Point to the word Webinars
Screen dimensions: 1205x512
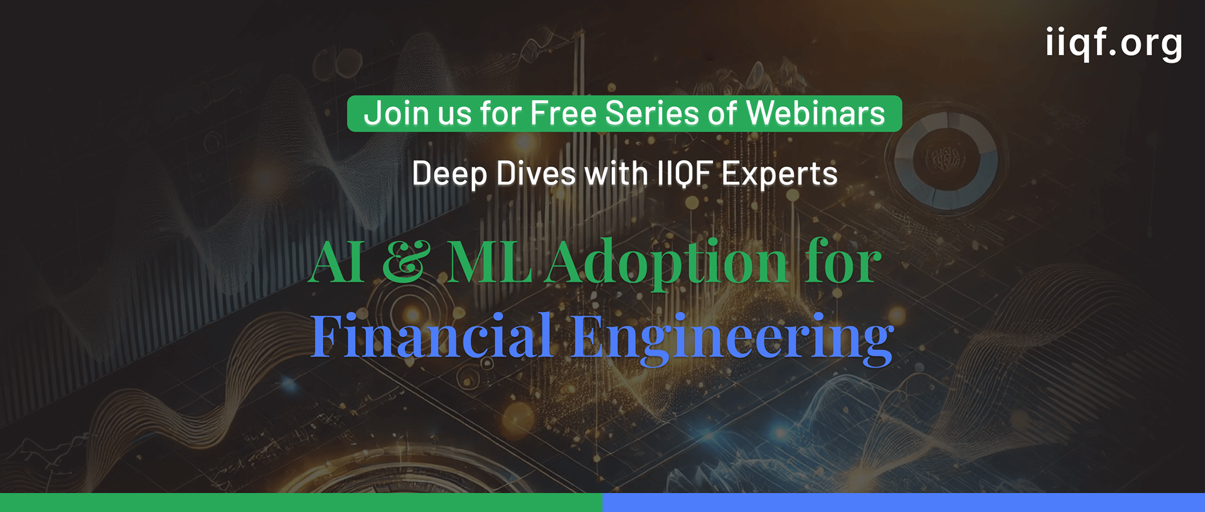815,114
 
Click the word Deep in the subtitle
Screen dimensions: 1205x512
449,174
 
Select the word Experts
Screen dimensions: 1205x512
779,174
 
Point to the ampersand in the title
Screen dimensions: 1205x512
406,262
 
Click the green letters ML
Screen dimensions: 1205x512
490,262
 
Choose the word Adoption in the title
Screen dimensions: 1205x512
666,264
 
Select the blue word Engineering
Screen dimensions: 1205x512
732,338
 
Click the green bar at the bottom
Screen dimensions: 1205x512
301,503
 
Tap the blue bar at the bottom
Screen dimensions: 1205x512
904,503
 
